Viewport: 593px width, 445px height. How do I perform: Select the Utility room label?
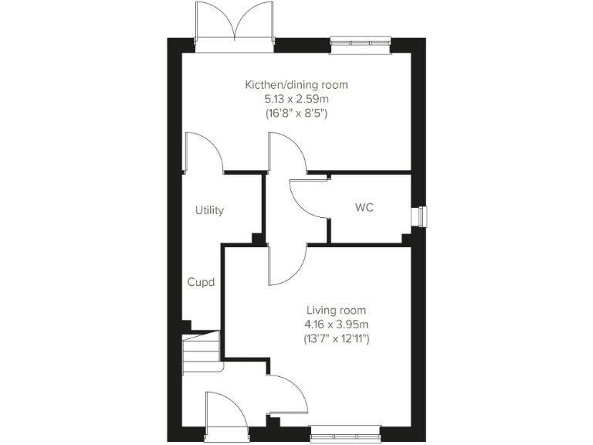pos(209,210)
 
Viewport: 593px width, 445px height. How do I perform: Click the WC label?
pos(364,208)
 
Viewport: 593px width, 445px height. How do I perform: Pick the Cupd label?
pos(201,282)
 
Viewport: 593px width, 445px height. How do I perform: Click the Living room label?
pos(336,310)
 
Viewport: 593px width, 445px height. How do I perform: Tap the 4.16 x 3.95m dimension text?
pos(336,324)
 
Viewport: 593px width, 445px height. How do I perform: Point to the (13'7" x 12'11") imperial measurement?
pos(336,338)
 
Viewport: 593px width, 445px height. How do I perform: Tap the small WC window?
pos(421,217)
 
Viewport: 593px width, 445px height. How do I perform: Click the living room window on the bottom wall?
pos(345,433)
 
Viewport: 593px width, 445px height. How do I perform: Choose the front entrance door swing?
pos(225,409)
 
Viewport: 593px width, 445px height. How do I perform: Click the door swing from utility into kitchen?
pos(203,152)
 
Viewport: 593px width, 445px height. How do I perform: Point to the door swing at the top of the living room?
pos(286,265)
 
